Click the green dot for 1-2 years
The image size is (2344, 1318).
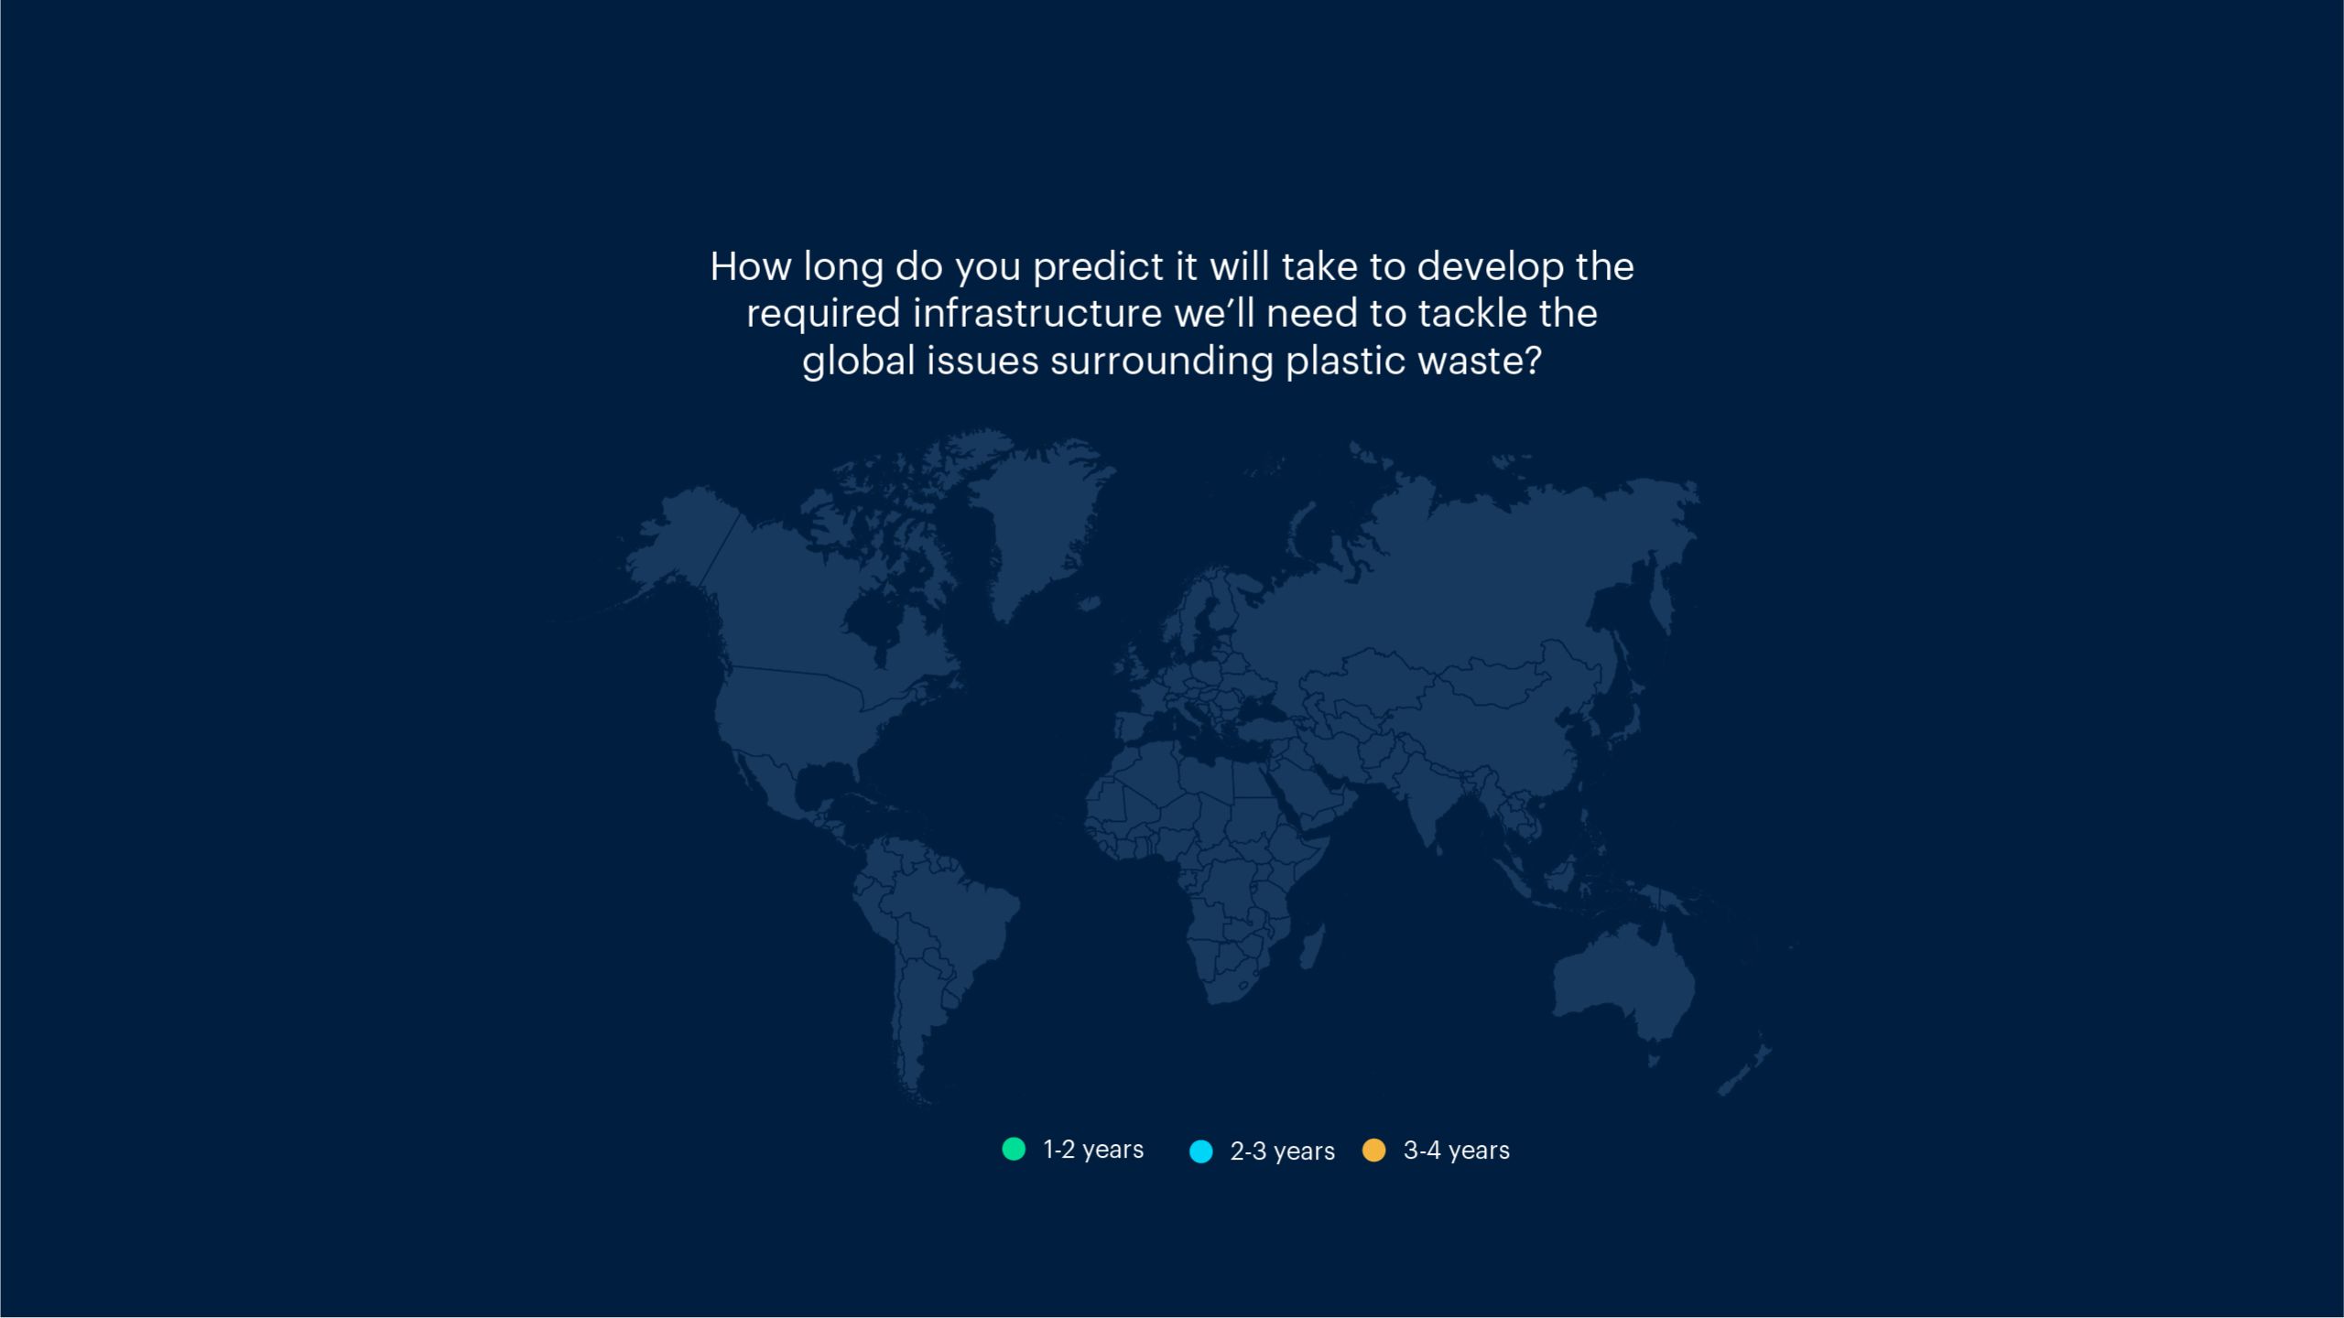coord(1014,1149)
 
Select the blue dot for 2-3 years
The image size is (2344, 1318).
coord(1200,1151)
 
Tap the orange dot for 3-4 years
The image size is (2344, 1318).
coord(1374,1150)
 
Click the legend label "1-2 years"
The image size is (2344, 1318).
coord(1093,1150)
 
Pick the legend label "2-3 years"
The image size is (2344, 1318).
coord(1282,1151)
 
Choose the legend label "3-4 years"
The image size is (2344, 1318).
coord(1456,1151)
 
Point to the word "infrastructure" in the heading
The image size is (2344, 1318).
coord(1037,313)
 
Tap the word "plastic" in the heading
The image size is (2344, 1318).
coord(1345,361)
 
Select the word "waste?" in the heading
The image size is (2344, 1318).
coord(1480,361)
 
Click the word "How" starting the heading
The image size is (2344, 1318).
coord(752,266)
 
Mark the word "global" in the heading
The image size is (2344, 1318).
coord(859,361)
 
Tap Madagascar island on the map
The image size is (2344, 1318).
coord(1312,946)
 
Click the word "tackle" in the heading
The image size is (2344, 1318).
coord(1472,313)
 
